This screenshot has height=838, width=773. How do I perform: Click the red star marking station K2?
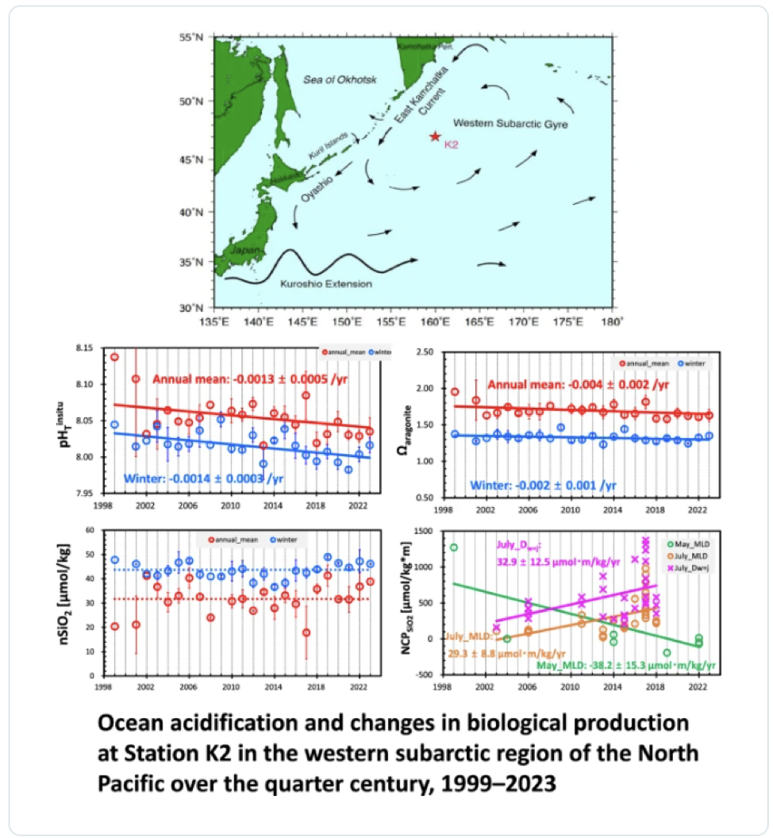click(x=434, y=136)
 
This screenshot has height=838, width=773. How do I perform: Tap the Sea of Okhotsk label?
click(x=340, y=79)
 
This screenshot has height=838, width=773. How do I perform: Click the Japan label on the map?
click(x=240, y=250)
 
